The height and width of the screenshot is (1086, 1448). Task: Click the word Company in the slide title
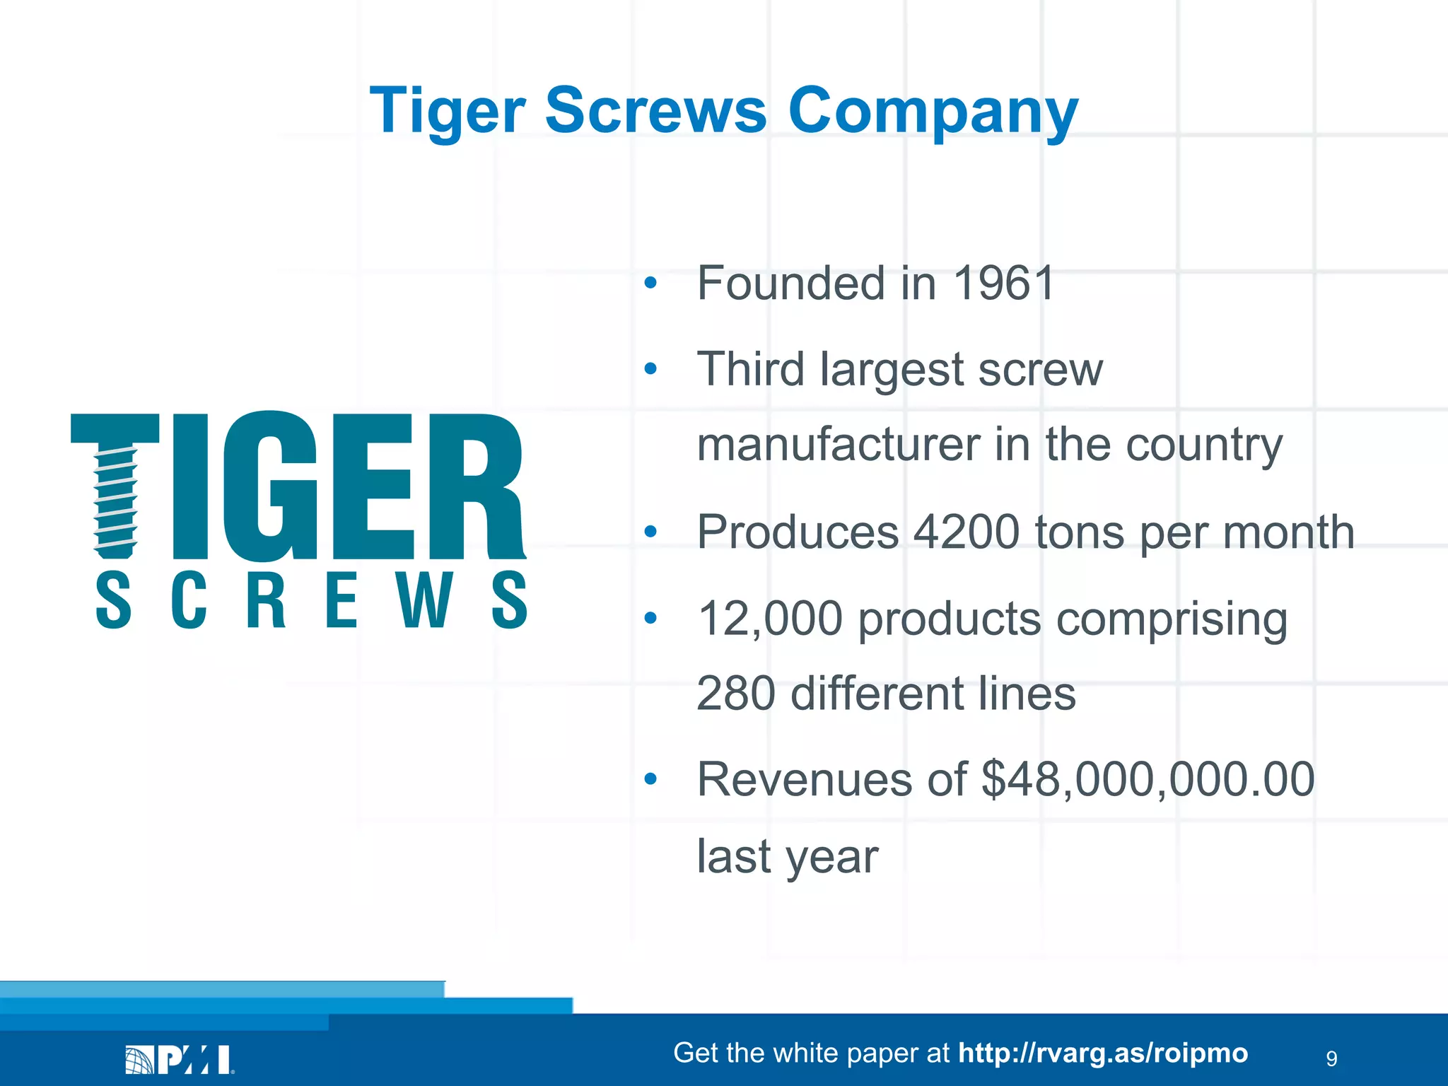[x=933, y=111]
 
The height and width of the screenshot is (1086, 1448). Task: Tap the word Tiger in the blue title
[x=447, y=111]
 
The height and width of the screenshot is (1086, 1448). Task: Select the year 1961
[x=1003, y=284]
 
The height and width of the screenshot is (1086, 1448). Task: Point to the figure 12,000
[x=769, y=619]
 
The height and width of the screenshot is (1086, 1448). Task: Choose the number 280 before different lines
[x=736, y=694]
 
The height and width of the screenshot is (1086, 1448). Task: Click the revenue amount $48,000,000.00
[x=1148, y=780]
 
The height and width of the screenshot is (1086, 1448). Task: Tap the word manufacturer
[x=838, y=445]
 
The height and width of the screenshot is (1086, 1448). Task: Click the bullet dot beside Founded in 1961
[x=650, y=284]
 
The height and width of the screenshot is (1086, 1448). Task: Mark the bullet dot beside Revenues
[x=650, y=780]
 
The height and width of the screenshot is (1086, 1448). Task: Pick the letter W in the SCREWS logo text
[x=424, y=600]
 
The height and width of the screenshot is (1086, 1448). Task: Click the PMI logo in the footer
[x=180, y=1060]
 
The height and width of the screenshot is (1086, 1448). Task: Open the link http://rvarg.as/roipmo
[x=1103, y=1053]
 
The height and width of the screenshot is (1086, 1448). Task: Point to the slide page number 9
[x=1331, y=1058]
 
